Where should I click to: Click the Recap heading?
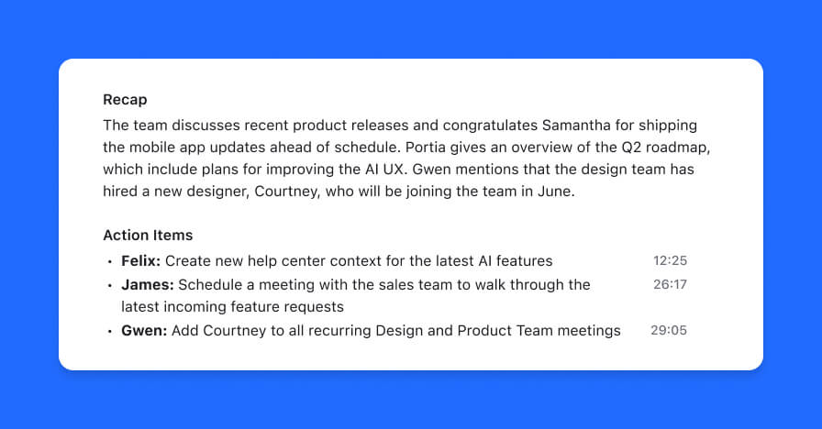[125, 100]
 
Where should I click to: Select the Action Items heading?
[148, 236]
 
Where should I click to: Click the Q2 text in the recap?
[631, 148]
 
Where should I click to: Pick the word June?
[556, 192]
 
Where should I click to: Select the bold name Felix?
[140, 261]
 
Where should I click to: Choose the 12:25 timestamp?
[670, 260]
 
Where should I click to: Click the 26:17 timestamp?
[670, 284]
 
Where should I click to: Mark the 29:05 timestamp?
[669, 330]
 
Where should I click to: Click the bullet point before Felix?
[109, 262]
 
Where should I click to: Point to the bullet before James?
[109, 286]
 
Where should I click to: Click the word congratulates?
[490, 126]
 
